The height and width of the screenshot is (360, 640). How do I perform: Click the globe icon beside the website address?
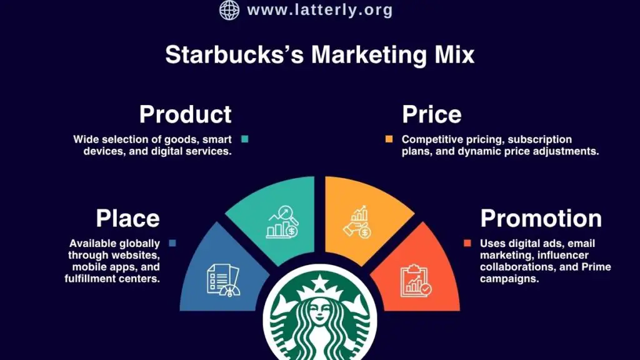(x=229, y=10)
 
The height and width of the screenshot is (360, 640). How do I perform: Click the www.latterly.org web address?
(x=320, y=10)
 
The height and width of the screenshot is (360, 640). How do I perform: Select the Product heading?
(x=185, y=114)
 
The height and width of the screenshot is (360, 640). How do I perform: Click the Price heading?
(x=431, y=114)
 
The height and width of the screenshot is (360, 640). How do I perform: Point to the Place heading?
(x=127, y=218)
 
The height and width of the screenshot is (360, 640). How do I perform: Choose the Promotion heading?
(x=541, y=218)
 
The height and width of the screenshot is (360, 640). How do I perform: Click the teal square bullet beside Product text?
(x=245, y=139)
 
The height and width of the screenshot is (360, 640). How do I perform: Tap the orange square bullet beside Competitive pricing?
(x=389, y=139)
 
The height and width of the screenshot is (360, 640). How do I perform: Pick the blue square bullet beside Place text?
(x=172, y=242)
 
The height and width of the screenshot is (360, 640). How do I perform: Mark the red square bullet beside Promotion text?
(x=467, y=242)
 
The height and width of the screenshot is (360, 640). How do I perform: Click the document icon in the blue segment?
(x=223, y=279)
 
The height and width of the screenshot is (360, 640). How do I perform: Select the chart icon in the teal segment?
(x=282, y=221)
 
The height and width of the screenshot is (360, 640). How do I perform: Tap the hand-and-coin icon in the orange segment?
(x=357, y=222)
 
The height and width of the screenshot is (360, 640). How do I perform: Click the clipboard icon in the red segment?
(x=415, y=279)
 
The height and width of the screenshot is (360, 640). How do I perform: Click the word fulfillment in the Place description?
(x=90, y=278)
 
